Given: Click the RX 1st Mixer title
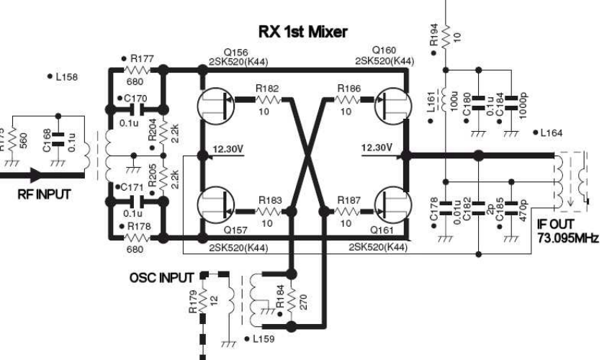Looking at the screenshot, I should (302, 32).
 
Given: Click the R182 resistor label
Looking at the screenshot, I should (266, 88).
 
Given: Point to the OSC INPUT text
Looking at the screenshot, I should (166, 279).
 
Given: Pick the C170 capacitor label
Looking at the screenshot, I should (135, 99).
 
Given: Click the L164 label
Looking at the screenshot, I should (555, 132).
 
